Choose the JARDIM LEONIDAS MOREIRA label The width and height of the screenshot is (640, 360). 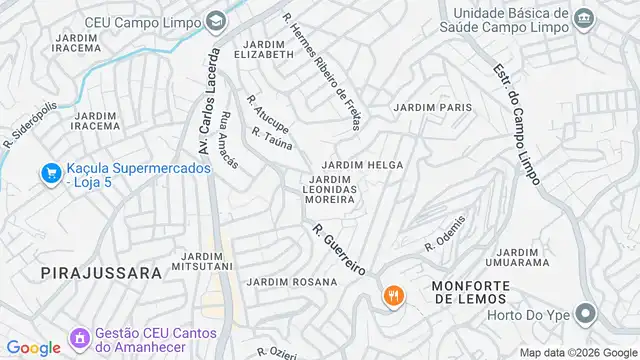pos(330,189)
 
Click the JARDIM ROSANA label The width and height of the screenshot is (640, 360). pos(293,282)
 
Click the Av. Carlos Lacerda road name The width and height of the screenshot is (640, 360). pos(209,100)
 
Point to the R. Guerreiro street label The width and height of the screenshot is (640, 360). pos(338,250)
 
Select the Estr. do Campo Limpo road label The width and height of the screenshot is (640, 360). pos(516,124)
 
